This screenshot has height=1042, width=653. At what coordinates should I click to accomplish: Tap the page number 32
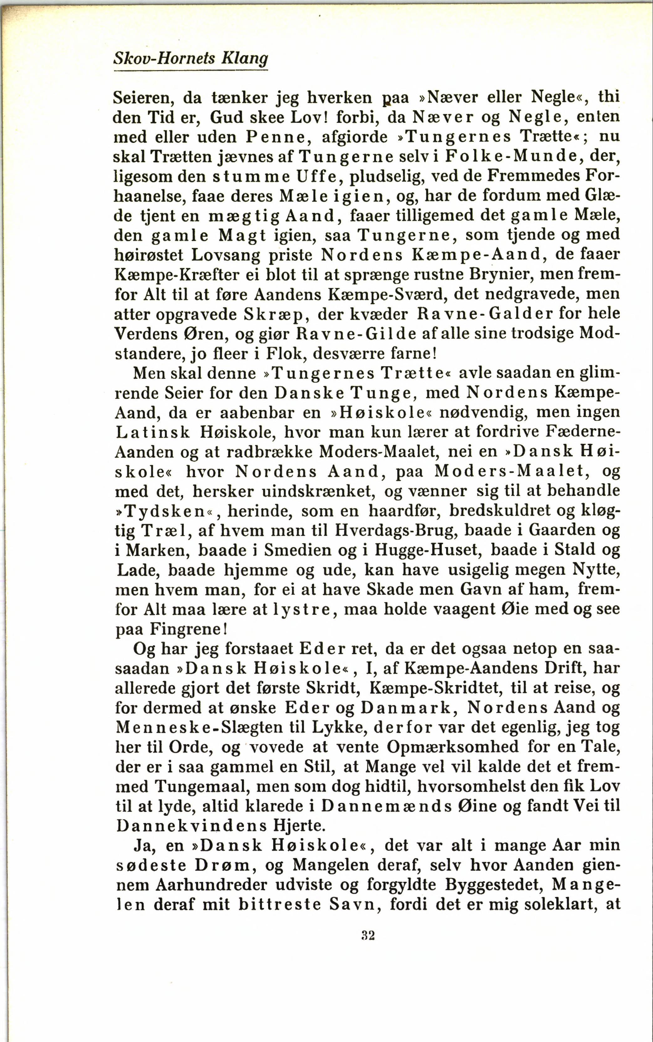368,935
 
